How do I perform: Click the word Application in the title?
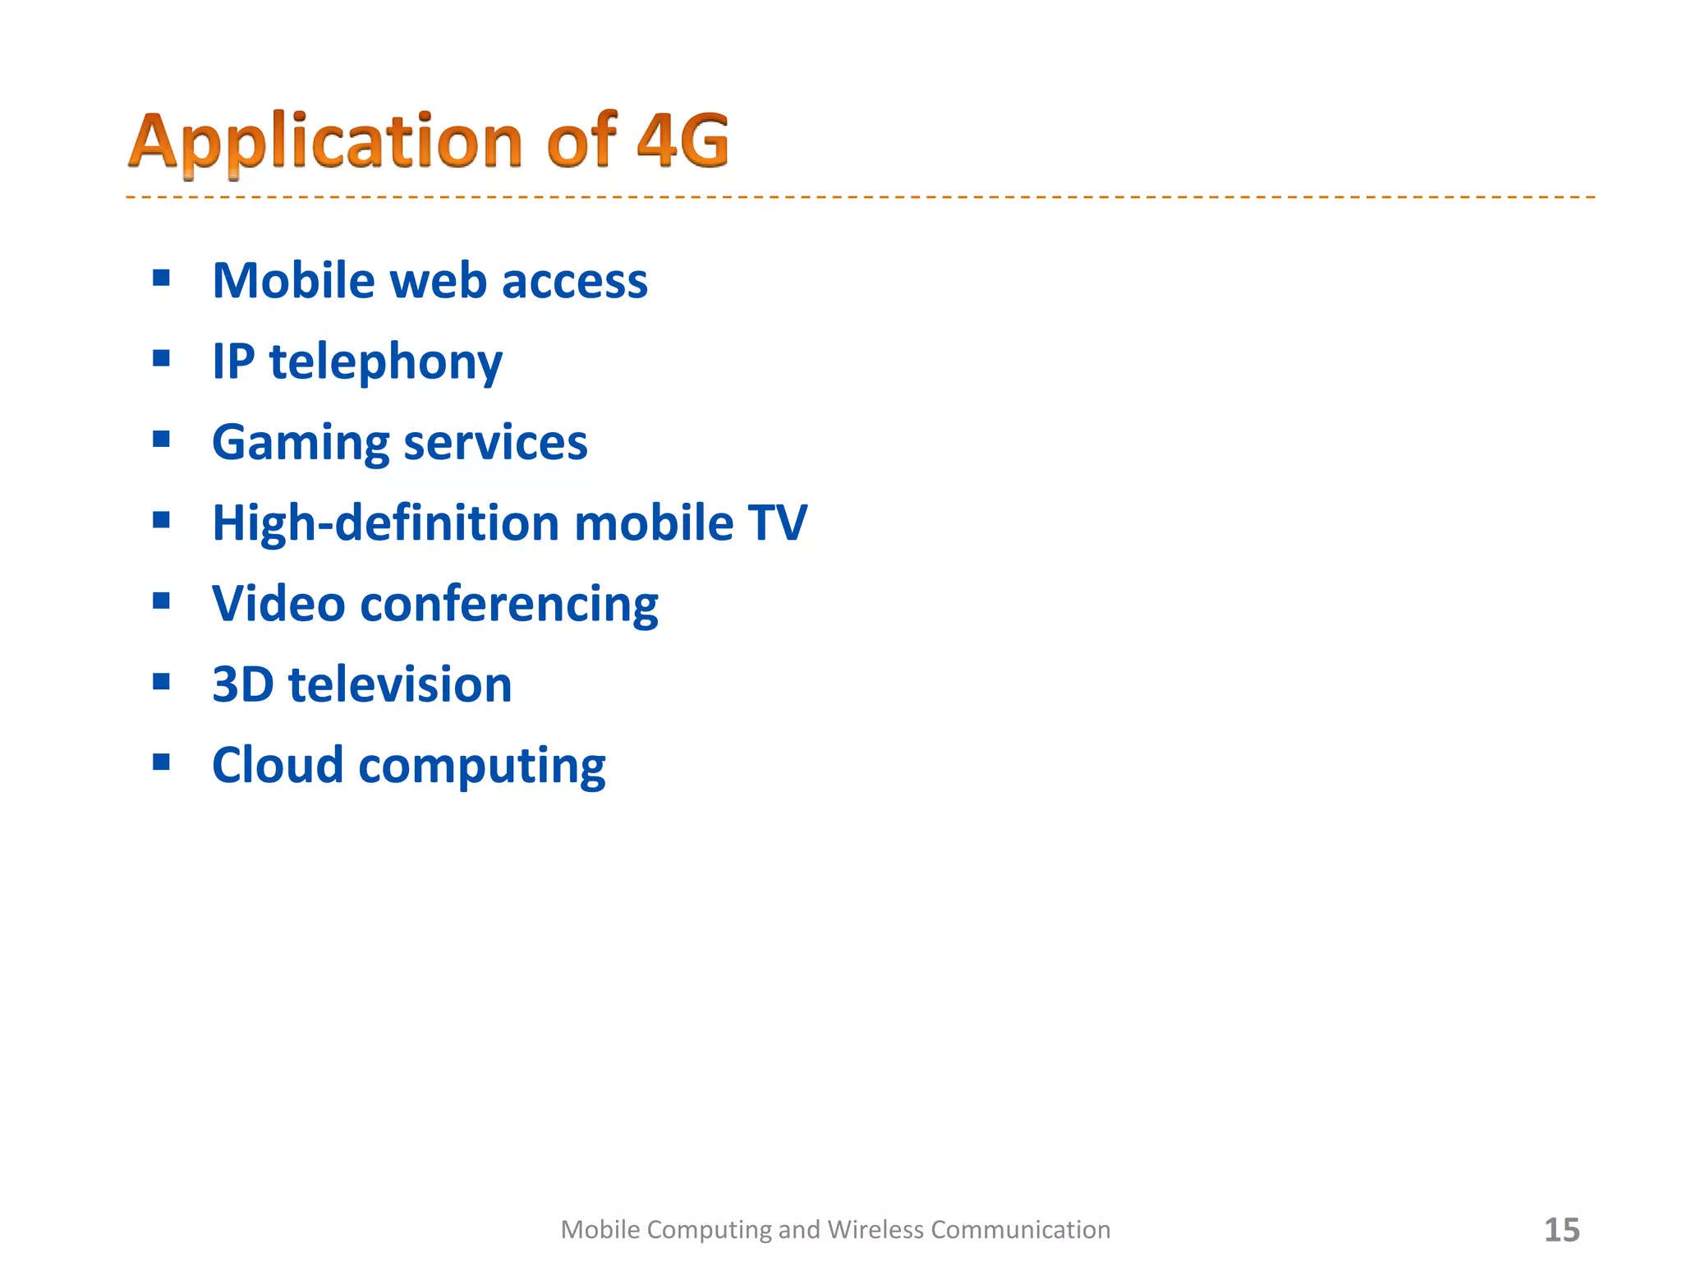325,141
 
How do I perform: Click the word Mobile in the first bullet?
293,280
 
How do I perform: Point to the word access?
574,282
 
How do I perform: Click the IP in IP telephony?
233,361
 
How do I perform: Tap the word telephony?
386,362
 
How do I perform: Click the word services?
495,442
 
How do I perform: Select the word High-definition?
385,523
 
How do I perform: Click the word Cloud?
278,765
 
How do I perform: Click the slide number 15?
1561,1230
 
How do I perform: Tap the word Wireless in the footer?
875,1230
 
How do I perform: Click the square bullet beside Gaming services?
161,439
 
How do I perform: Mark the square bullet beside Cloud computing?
161,762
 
